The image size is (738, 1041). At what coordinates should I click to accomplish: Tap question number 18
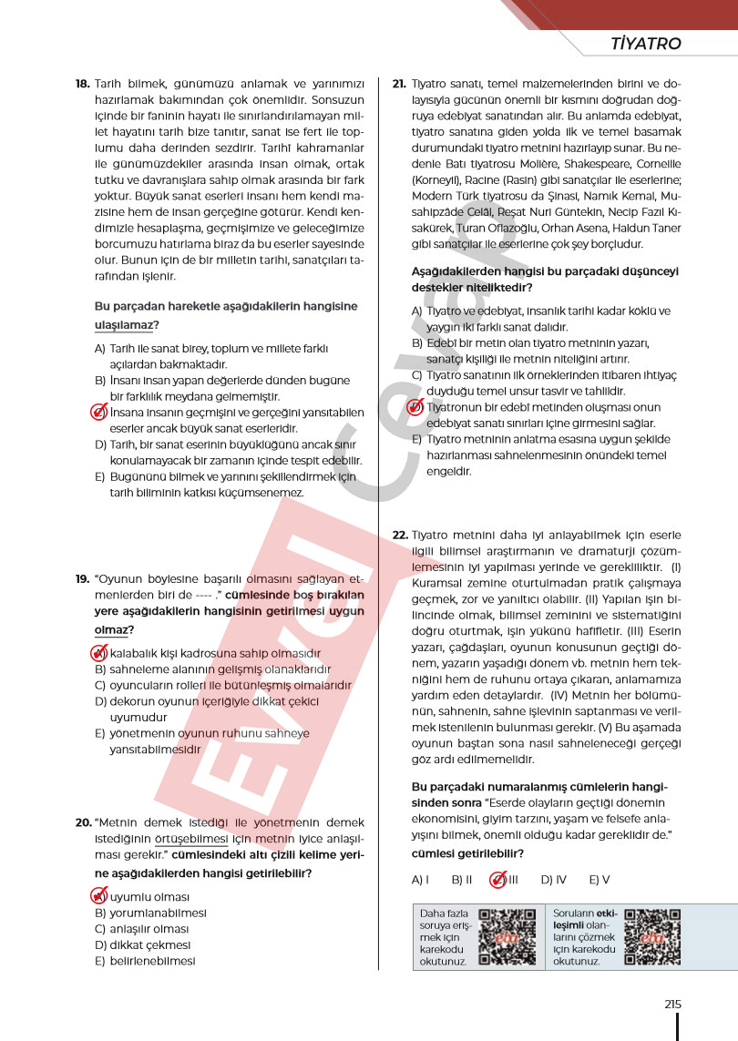pos(82,83)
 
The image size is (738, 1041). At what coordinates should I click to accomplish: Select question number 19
pos(82,578)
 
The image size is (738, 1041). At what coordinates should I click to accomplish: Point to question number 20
pos(82,822)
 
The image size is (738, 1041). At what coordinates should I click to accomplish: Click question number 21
pos(399,83)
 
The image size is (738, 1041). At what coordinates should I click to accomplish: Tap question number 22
pos(399,535)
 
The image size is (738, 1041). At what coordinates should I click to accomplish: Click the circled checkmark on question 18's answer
pos(100,413)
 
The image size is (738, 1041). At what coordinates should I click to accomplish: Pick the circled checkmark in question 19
pos(100,653)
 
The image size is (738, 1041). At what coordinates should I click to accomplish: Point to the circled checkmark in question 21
pos(416,407)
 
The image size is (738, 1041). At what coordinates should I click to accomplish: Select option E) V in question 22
pos(599,880)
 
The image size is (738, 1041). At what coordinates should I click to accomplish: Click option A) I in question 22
pos(420,880)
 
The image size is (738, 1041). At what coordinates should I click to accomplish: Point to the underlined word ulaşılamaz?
pos(128,324)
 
